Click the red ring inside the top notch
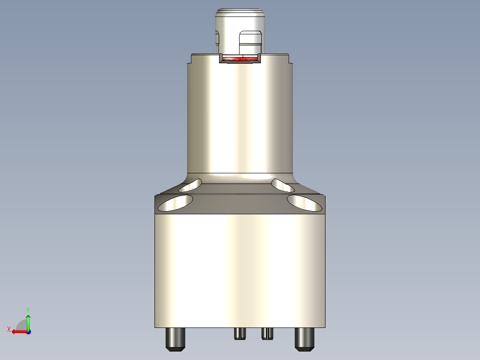click(x=240, y=58)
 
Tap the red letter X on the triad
click(x=9, y=329)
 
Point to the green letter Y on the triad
click(x=28, y=309)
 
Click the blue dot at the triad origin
click(x=28, y=331)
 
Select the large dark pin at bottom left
click(x=175, y=339)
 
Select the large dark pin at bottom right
click(x=305, y=339)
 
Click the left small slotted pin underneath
click(x=240, y=333)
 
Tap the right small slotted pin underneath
click(x=267, y=333)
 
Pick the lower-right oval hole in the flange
click(x=305, y=203)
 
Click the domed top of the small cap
click(x=240, y=13)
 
